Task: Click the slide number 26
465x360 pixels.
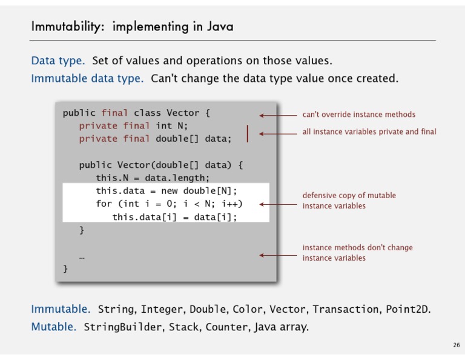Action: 457,345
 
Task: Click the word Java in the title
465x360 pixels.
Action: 220,27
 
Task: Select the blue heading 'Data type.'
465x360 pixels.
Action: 58,61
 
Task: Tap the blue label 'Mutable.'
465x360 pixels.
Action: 54,327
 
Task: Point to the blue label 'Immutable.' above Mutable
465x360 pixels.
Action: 61,309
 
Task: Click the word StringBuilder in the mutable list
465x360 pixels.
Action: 123,327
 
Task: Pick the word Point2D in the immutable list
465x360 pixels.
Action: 407,309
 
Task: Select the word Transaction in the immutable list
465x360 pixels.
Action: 346,309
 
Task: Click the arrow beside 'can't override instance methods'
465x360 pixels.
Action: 278,115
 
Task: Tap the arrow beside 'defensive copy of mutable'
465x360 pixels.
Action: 278,204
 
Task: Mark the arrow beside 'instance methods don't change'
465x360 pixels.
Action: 278,255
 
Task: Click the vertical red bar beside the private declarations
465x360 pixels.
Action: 247,133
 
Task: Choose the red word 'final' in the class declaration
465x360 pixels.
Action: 114,113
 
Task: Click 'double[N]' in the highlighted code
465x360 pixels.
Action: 207,191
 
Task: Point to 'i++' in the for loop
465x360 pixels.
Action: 229,204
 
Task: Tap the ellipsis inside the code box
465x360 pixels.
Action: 82,258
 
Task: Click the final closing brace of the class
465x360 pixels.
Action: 65,268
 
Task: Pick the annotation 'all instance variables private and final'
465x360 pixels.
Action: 369,132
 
